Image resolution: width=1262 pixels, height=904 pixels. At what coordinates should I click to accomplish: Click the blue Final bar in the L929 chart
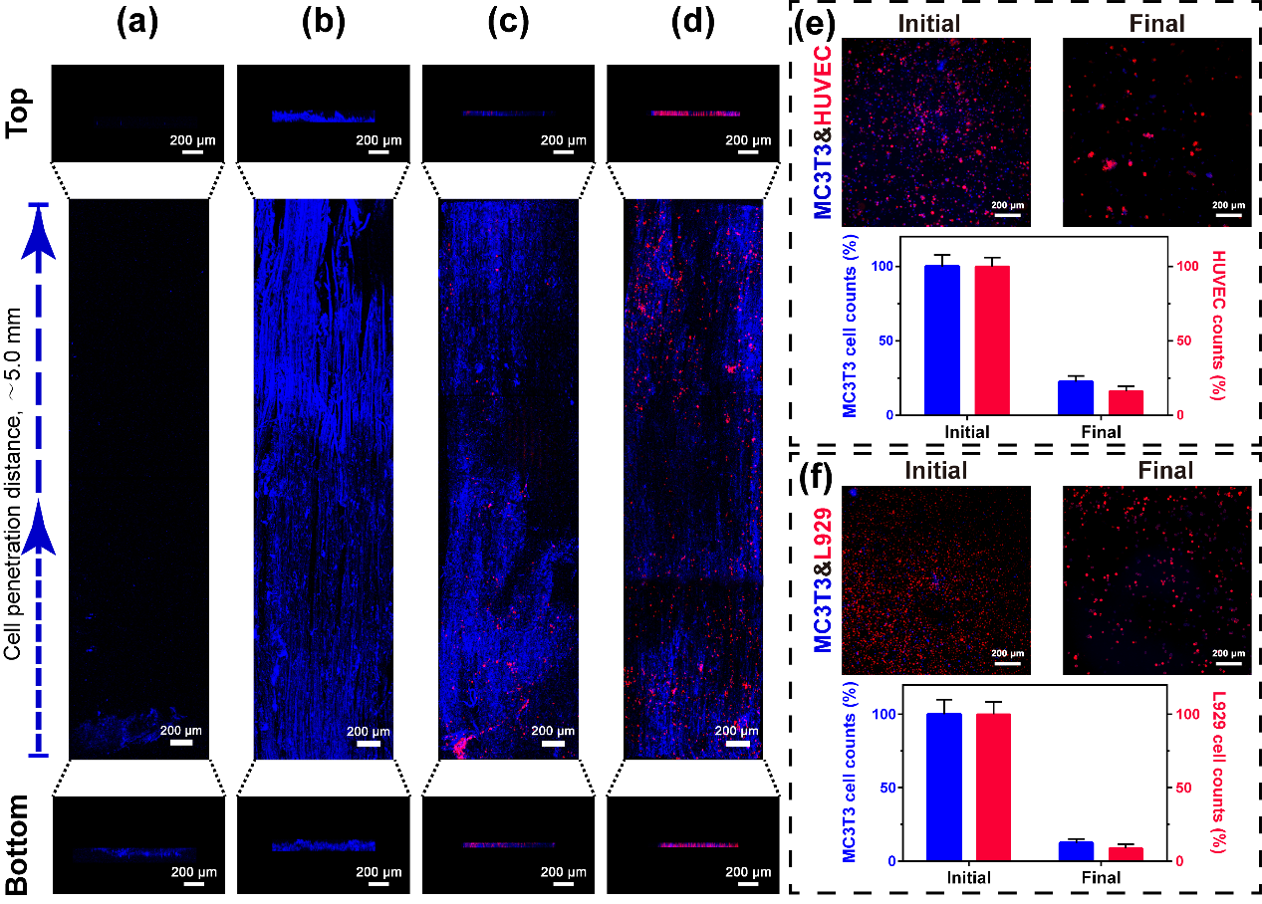point(1075,851)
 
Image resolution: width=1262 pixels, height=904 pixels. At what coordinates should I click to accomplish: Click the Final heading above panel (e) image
point(1157,23)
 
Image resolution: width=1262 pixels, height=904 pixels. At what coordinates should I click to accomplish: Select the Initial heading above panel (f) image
point(935,469)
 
